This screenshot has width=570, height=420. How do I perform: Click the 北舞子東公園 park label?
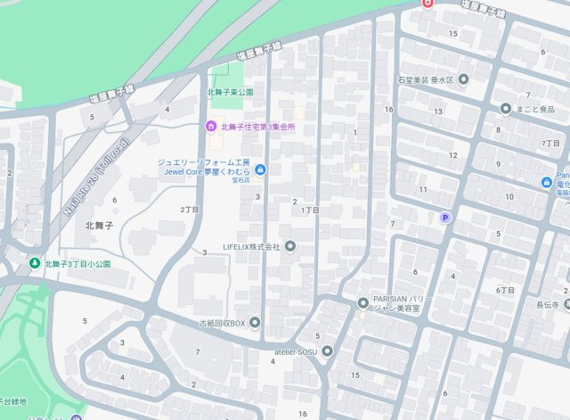pyautogui.click(x=231, y=92)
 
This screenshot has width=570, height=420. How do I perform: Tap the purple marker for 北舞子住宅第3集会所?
pyautogui.click(x=212, y=128)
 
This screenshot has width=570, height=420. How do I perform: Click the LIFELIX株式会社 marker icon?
pyautogui.click(x=289, y=246)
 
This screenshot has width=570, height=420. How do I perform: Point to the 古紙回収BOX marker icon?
pyautogui.click(x=256, y=322)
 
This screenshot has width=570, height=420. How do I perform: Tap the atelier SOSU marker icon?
pyautogui.click(x=328, y=351)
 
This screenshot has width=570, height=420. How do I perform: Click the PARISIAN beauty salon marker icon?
pyautogui.click(x=362, y=303)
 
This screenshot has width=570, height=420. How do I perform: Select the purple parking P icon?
pyautogui.click(x=445, y=218)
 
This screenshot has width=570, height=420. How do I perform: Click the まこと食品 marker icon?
pyautogui.click(x=505, y=109)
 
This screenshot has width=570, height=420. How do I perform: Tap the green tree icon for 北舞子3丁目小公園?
pyautogui.click(x=35, y=264)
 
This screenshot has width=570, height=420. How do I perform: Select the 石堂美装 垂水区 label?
pyautogui.click(x=427, y=79)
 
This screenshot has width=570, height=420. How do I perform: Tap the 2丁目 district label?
pyautogui.click(x=189, y=210)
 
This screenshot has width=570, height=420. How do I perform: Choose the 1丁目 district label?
pyautogui.click(x=310, y=210)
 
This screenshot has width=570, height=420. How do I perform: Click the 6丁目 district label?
pyautogui.click(x=505, y=291)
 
